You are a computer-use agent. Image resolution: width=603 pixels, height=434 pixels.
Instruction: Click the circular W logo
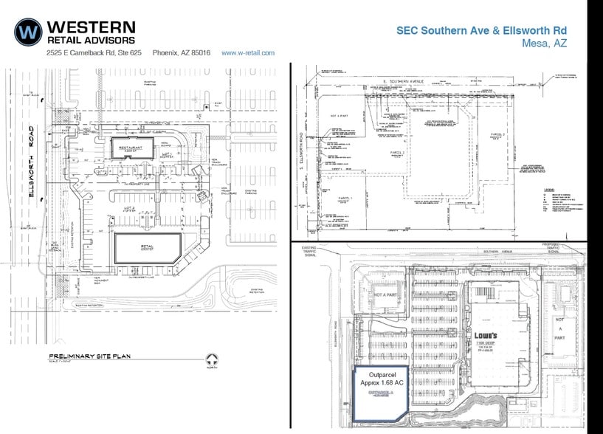pos(28,31)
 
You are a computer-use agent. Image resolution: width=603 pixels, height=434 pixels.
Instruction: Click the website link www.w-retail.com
pos(248,53)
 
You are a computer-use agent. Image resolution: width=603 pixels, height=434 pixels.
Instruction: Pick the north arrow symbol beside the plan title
pos(213,362)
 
